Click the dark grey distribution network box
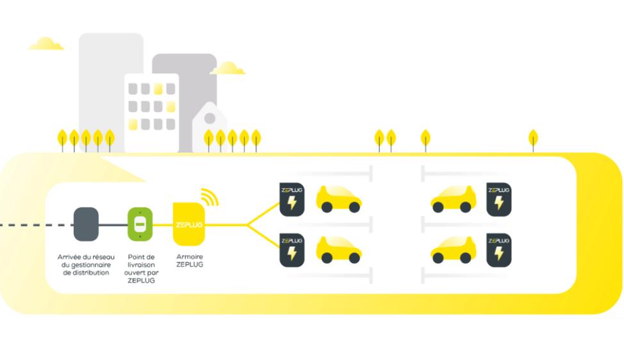[86, 224]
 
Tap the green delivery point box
[139, 224]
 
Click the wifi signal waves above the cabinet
[209, 196]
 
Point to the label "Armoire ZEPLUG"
[189, 260]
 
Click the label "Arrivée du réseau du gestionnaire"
[85, 264]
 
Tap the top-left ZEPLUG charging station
[292, 199]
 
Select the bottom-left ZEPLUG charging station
[292, 250]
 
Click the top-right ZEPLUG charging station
[498, 199]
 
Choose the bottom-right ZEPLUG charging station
[498, 250]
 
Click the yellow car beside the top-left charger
[338, 199]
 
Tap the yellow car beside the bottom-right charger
[454, 250]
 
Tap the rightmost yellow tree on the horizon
[533, 138]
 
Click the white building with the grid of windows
[151, 112]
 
